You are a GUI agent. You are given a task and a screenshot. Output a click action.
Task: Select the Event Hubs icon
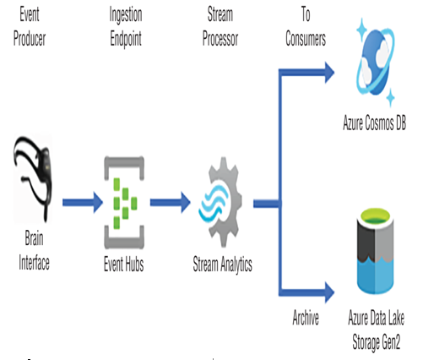pyautogui.click(x=124, y=203)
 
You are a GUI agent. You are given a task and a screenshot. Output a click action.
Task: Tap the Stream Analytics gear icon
pyautogui.click(x=220, y=202)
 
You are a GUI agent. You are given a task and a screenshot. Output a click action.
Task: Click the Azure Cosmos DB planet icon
pyautogui.click(x=375, y=63)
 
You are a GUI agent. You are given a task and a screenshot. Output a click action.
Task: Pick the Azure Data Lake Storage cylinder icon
pyautogui.click(x=375, y=251)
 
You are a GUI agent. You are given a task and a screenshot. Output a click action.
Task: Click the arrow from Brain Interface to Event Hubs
pyautogui.click(x=83, y=203)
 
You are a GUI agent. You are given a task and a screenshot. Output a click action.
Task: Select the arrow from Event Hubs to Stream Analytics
pyautogui.click(x=171, y=203)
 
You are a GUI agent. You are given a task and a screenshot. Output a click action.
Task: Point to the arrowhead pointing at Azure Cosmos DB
pyautogui.click(x=329, y=73)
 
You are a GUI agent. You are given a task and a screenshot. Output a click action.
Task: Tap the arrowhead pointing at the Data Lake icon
pyautogui.click(x=329, y=292)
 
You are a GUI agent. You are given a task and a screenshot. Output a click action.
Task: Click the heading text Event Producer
pyautogui.click(x=30, y=26)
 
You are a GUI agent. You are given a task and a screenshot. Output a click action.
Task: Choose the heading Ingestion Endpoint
pyautogui.click(x=126, y=27)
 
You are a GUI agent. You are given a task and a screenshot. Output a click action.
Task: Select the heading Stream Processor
pyautogui.click(x=220, y=26)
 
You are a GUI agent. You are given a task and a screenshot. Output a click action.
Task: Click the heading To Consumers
pyautogui.click(x=306, y=26)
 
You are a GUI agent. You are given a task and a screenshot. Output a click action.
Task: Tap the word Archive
pyautogui.click(x=306, y=318)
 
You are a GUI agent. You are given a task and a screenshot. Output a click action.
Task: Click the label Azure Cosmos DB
pyautogui.click(x=375, y=123)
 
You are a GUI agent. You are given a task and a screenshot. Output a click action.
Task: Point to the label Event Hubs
pyautogui.click(x=124, y=264)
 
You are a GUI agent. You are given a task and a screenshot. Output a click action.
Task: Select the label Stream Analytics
pyautogui.click(x=222, y=265)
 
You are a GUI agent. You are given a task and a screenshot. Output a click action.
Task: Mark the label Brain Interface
pyautogui.click(x=34, y=251)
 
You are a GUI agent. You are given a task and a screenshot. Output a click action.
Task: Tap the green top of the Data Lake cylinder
pyautogui.click(x=375, y=218)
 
